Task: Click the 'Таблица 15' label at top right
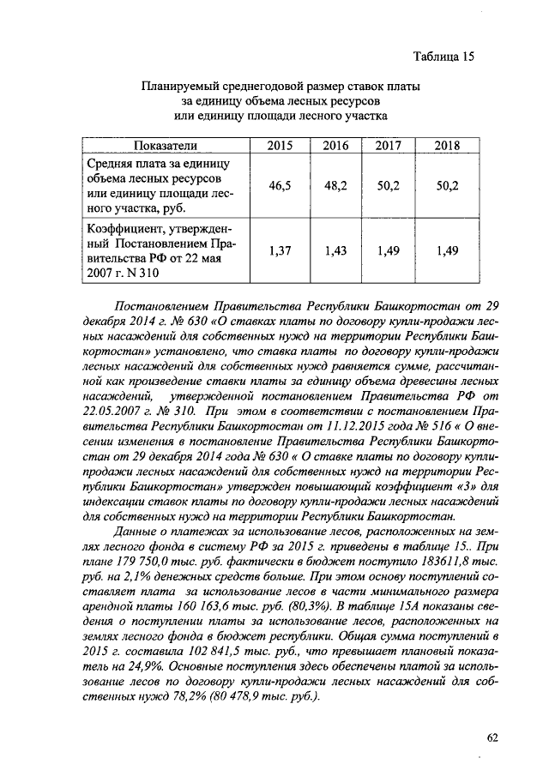(x=443, y=57)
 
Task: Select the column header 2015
(x=280, y=145)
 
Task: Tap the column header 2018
(x=447, y=145)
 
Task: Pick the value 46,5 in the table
(x=280, y=185)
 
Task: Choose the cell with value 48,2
(x=335, y=185)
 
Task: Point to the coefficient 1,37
(x=280, y=250)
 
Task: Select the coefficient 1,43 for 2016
(x=335, y=250)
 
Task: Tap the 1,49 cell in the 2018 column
(x=447, y=250)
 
